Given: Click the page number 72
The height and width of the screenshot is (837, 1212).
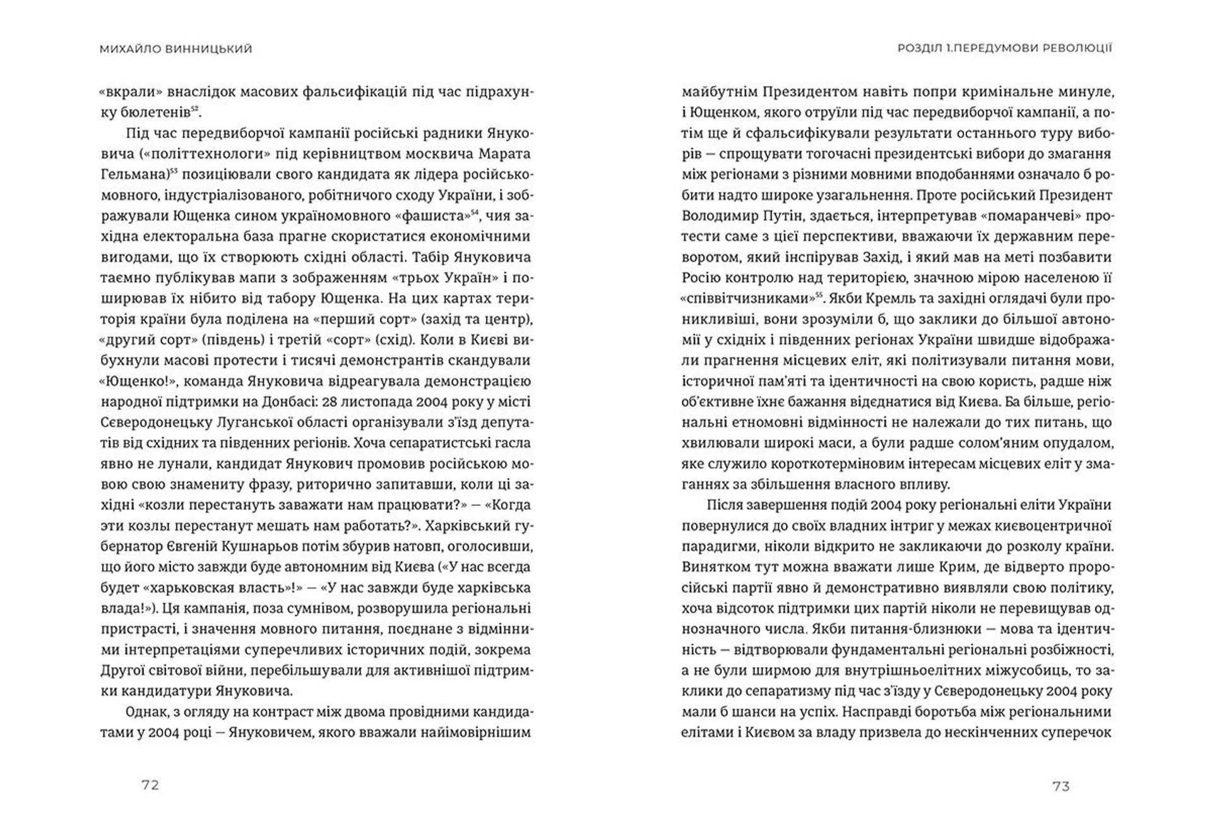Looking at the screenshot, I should click(150, 785).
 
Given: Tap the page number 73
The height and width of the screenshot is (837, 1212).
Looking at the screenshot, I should click(1061, 786).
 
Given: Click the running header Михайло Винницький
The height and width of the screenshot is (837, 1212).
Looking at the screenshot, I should click(175, 49).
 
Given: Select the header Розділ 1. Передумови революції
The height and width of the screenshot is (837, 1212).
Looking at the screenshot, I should click(1004, 48).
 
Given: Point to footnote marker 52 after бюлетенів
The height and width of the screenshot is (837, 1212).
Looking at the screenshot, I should click(195, 109).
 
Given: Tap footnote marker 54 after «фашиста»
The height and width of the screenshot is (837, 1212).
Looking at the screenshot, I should click(475, 212).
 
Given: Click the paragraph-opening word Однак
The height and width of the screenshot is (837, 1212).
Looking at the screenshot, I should click(146, 712).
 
